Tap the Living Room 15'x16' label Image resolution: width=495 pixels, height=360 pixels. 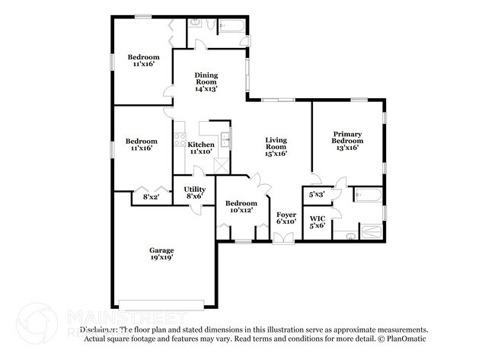(x=276, y=146)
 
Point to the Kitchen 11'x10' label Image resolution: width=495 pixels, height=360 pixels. (x=201, y=148)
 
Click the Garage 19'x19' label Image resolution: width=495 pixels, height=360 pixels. (x=161, y=253)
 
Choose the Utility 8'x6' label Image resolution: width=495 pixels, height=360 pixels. (x=194, y=192)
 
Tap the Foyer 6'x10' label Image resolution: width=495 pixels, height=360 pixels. (x=286, y=218)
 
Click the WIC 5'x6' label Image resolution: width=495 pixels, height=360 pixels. (x=318, y=222)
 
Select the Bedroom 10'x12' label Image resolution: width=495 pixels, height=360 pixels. (x=241, y=207)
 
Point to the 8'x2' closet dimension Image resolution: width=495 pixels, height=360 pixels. (x=152, y=198)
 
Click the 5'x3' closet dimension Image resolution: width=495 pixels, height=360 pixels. (x=317, y=195)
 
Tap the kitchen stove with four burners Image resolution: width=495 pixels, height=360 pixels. (x=179, y=140)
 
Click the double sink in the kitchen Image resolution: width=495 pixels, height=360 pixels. (x=225, y=140)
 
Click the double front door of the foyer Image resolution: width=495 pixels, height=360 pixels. (x=283, y=239)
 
